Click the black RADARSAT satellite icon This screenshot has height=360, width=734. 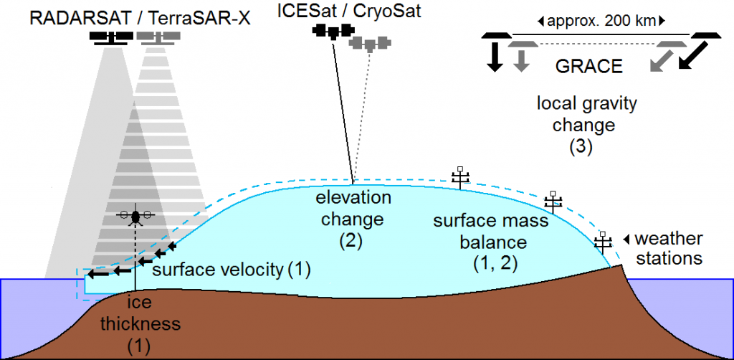[111, 37]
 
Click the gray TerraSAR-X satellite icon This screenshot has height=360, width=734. [158, 37]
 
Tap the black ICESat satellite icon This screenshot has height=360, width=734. [333, 32]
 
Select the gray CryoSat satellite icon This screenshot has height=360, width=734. [369, 43]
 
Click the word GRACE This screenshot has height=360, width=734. [588, 67]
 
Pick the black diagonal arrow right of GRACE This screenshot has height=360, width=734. [694, 56]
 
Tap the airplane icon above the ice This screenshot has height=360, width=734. [135, 216]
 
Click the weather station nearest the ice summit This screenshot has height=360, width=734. [460, 177]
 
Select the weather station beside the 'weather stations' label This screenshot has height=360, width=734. [603, 242]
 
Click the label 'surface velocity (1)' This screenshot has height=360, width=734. [232, 270]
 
